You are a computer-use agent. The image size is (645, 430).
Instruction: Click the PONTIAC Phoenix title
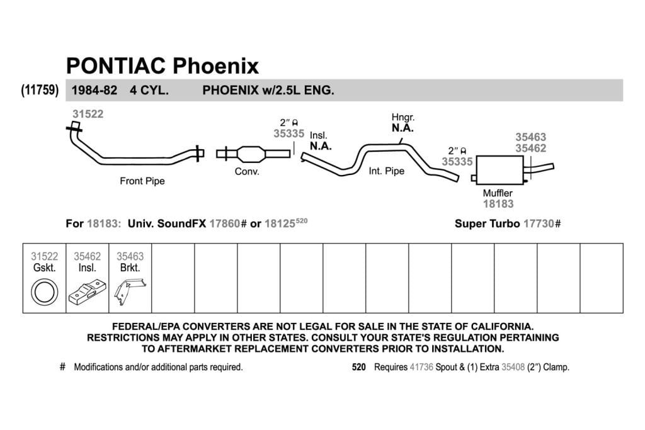point(163,65)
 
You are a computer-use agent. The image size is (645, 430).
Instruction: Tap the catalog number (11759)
point(40,89)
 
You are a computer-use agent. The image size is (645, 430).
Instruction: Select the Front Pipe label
point(142,181)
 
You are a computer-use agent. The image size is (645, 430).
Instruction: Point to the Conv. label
point(247,171)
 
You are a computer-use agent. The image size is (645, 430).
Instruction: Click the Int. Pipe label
point(387,171)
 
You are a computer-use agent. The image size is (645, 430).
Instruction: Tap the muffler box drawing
point(499,170)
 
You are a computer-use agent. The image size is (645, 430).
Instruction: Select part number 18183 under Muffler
point(498,204)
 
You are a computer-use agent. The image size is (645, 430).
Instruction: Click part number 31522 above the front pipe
point(88,114)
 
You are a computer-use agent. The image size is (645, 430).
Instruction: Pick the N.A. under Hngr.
point(402,128)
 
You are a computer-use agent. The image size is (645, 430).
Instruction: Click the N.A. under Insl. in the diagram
point(321,146)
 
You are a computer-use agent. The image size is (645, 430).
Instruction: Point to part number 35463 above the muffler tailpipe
point(530,137)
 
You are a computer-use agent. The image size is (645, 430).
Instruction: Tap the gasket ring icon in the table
point(45,292)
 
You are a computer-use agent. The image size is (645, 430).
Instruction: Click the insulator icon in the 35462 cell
point(87,292)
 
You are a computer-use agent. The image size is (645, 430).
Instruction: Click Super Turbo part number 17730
point(539,223)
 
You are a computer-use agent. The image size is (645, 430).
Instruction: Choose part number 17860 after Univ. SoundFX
point(225,223)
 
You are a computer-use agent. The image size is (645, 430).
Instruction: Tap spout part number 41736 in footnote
point(421,366)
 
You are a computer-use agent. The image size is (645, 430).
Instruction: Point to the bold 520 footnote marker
point(358,366)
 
